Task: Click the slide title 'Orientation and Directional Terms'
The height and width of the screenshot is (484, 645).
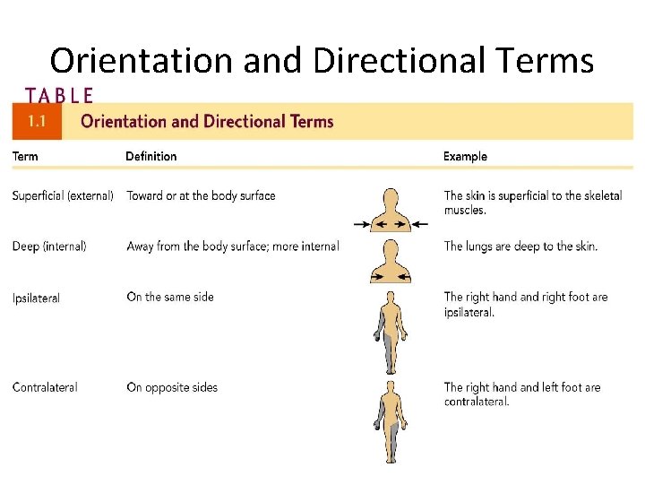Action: [322, 61]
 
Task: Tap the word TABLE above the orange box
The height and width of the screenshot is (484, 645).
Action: [59, 94]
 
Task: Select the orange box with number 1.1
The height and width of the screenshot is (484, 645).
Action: [37, 122]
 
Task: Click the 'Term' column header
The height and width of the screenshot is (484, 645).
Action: [25, 156]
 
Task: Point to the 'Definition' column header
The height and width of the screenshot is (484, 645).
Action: [150, 156]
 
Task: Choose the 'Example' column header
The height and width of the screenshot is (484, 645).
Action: [465, 156]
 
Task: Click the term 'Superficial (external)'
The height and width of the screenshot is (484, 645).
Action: [63, 195]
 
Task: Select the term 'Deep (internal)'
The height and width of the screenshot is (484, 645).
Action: [49, 246]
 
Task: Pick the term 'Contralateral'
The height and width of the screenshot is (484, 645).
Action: [45, 387]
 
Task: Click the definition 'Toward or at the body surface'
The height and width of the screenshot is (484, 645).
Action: [201, 195]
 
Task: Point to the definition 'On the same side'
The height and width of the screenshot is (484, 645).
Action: [170, 297]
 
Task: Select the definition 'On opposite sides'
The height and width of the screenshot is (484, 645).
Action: [172, 387]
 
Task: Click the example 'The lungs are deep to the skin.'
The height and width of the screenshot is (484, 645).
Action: [520, 246]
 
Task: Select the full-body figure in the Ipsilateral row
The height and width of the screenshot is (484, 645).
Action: [390, 332]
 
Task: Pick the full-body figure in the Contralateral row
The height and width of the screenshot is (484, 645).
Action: [390, 421]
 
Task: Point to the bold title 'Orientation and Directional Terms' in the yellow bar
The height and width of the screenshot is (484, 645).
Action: [207, 122]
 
